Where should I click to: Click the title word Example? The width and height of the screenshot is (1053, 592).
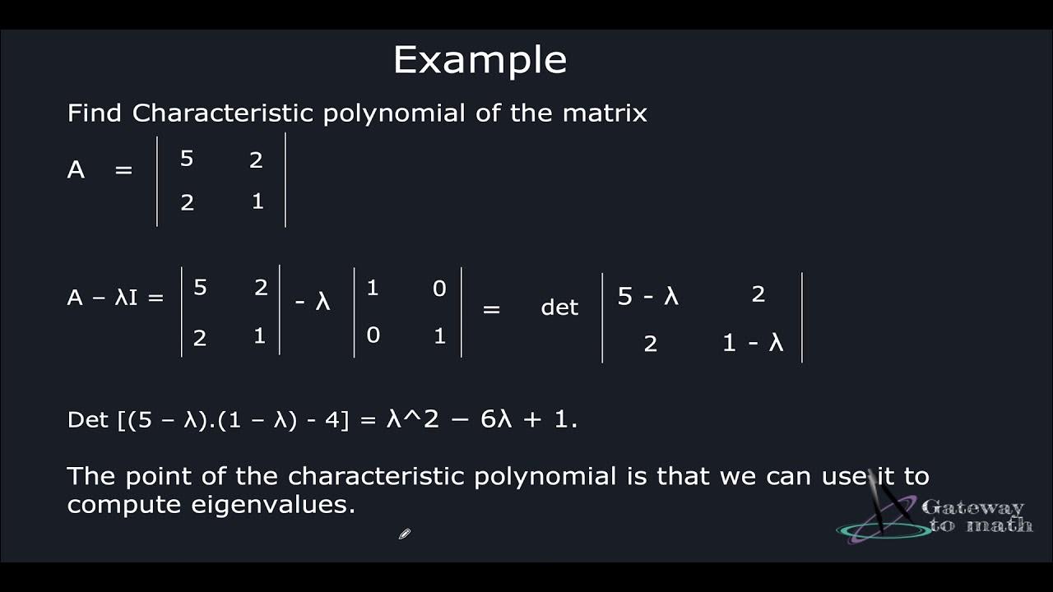pyautogui.click(x=480, y=60)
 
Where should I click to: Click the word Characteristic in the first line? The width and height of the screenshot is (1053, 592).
pyautogui.click(x=223, y=113)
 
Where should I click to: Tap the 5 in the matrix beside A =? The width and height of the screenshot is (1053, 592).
pyautogui.click(x=187, y=159)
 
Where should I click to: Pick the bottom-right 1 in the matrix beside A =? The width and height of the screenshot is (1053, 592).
pyautogui.click(x=257, y=201)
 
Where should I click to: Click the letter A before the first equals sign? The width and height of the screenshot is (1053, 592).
pyautogui.click(x=76, y=170)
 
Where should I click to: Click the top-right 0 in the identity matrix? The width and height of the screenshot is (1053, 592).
pyautogui.click(x=439, y=289)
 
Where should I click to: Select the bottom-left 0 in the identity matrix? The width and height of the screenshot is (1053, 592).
pyautogui.click(x=373, y=335)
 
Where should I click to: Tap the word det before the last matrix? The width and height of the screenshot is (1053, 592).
pyautogui.click(x=559, y=308)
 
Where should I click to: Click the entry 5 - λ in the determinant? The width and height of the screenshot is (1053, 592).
pyautogui.click(x=648, y=296)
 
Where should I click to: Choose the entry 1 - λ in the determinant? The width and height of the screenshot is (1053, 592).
pyautogui.click(x=753, y=343)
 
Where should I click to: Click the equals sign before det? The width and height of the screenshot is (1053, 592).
pyautogui.click(x=491, y=309)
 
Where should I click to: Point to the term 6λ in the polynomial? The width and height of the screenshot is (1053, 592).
pyautogui.click(x=496, y=419)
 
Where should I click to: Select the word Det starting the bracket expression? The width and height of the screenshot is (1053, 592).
pyautogui.click(x=87, y=419)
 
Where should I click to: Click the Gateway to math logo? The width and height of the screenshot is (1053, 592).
pyautogui.click(x=938, y=516)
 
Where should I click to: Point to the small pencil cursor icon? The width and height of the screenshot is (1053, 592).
pyautogui.click(x=404, y=534)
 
